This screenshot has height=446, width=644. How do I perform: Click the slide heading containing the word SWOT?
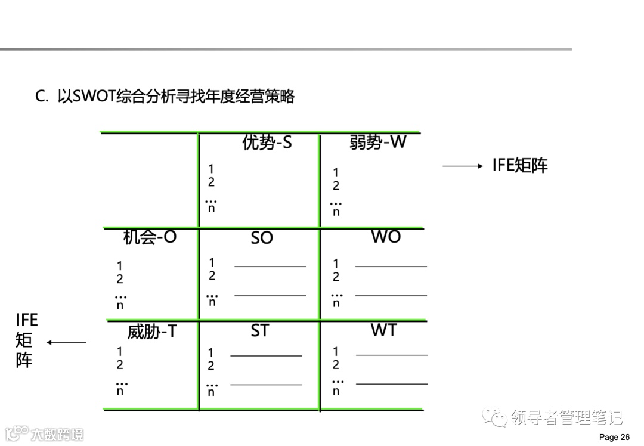(x=165, y=97)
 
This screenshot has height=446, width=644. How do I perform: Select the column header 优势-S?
(x=267, y=143)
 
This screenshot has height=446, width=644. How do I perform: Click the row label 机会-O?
(x=150, y=237)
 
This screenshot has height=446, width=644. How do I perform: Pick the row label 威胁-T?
(x=152, y=332)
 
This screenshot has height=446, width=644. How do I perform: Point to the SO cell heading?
(x=262, y=238)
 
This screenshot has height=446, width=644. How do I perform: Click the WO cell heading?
(x=386, y=237)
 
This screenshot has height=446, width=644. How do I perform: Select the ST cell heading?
(x=259, y=330)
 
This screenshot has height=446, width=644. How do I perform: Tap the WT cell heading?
(x=383, y=330)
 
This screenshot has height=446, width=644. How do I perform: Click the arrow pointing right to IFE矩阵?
(x=463, y=166)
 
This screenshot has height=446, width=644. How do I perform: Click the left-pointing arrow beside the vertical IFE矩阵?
(x=66, y=342)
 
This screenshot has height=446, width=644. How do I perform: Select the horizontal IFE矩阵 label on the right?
(x=519, y=166)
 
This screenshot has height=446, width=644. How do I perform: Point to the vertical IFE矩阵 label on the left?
(x=26, y=340)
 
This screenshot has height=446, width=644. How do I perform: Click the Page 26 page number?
(x=614, y=437)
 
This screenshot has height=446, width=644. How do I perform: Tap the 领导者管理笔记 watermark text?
(x=566, y=418)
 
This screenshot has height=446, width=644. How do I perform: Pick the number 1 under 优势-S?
(x=211, y=170)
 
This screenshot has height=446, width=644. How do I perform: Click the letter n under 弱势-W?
(x=336, y=212)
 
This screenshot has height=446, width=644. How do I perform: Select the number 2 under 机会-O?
(x=120, y=279)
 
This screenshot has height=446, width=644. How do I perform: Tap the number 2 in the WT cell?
(x=336, y=364)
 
